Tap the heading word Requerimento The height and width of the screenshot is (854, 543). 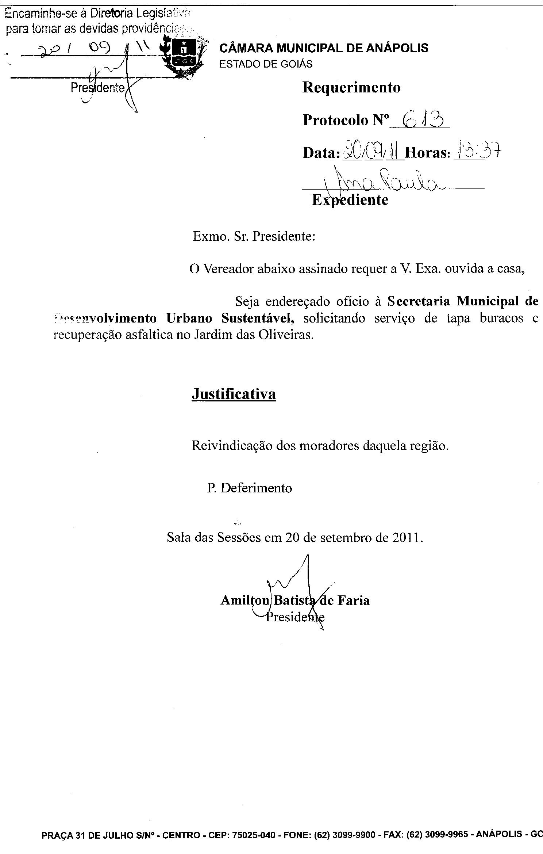click(351, 88)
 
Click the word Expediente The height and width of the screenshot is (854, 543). click(350, 200)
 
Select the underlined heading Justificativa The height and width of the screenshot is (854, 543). click(234, 394)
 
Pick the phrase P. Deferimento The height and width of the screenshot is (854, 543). click(250, 488)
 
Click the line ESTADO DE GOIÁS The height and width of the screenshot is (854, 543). click(266, 64)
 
